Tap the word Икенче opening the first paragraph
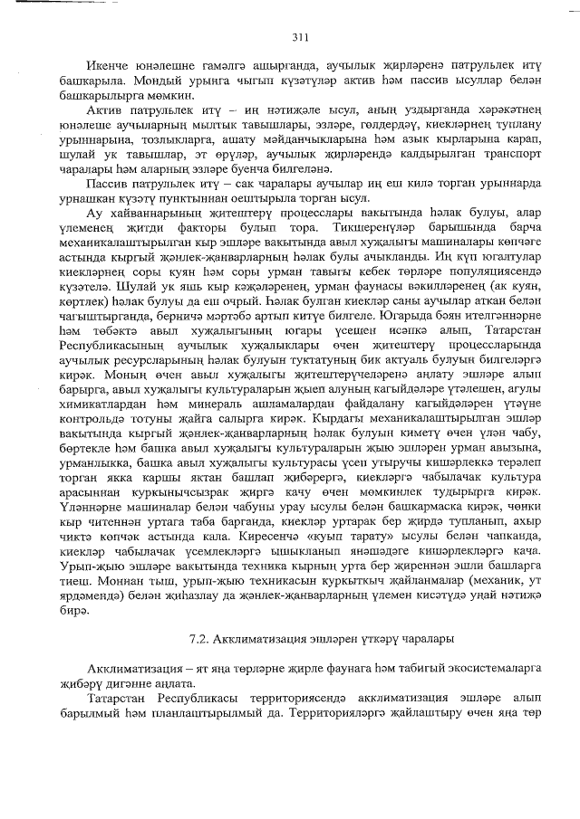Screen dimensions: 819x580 106,69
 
